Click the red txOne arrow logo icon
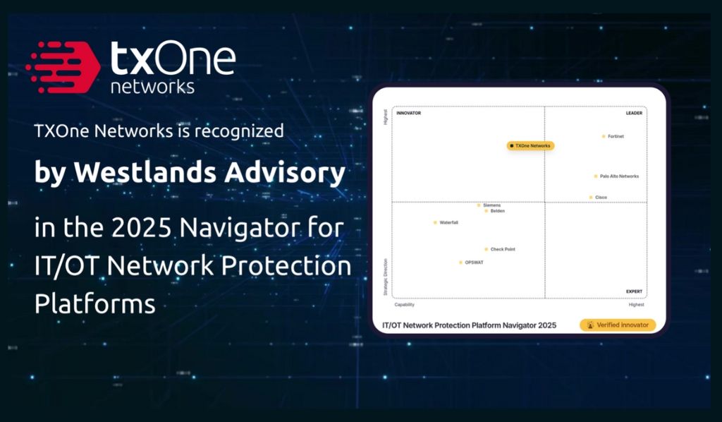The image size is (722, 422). [62, 68]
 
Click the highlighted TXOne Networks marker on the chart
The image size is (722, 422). [531, 146]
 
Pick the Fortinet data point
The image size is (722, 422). [604, 136]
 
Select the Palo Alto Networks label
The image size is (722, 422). [618, 176]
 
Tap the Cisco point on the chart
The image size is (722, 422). [591, 198]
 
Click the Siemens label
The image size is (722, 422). [491, 205]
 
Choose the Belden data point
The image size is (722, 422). [487, 211]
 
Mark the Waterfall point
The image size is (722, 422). [435, 223]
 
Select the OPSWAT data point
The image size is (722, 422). [461, 263]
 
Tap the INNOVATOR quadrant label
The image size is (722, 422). [409, 113]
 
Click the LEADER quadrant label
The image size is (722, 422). [633, 113]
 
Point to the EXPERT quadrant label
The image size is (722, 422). [633, 291]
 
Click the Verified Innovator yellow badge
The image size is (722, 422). [618, 325]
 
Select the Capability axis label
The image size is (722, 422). [404, 305]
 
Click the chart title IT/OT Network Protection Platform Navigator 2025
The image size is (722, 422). [469, 325]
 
